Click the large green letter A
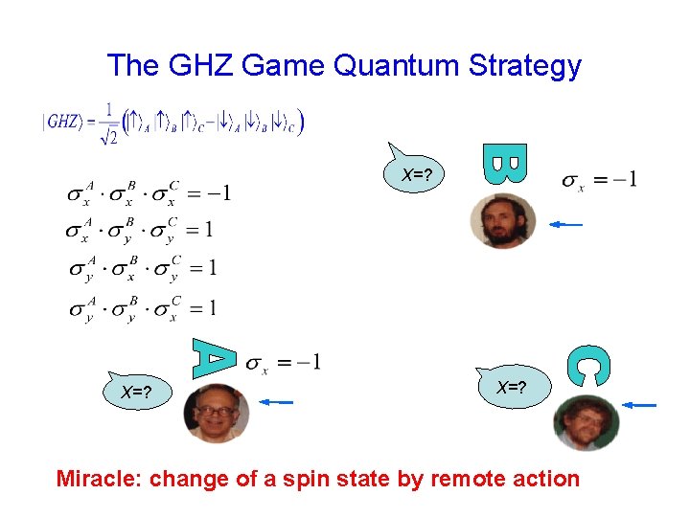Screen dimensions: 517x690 214,357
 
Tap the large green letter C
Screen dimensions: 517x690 587,367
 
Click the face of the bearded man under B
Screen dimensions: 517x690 502,220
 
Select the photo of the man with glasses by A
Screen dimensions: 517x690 217,413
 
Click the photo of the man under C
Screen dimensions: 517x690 586,422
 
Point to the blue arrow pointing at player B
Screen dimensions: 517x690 565,224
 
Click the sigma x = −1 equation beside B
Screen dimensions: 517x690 601,180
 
